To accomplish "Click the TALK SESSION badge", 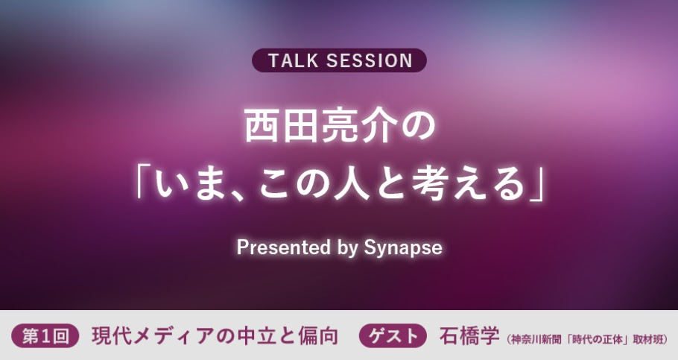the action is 339,60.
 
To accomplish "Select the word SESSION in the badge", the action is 370,60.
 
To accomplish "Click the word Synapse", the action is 403,248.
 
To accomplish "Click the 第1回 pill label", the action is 45,336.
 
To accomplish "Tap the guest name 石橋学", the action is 469,336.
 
